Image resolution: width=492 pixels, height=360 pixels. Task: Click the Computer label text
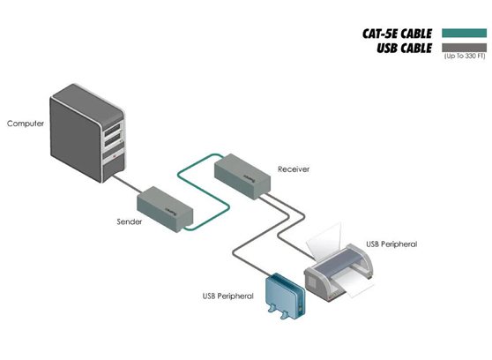click(x=26, y=124)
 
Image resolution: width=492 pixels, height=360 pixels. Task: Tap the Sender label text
click(x=129, y=221)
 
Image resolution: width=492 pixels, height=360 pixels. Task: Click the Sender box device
click(x=160, y=207)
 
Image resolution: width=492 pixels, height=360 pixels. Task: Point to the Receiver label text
click(x=294, y=169)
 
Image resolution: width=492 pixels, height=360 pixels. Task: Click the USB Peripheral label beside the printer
click(x=391, y=244)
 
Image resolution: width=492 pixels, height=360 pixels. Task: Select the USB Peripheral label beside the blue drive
click(x=227, y=296)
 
